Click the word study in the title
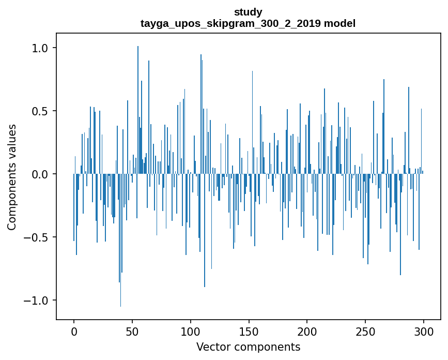click(x=248, y=12)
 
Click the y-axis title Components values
click(x=12, y=177)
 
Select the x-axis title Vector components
click(x=248, y=347)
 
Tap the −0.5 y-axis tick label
click(x=36, y=237)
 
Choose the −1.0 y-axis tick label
click(x=36, y=301)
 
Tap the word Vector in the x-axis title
click(x=212, y=347)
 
